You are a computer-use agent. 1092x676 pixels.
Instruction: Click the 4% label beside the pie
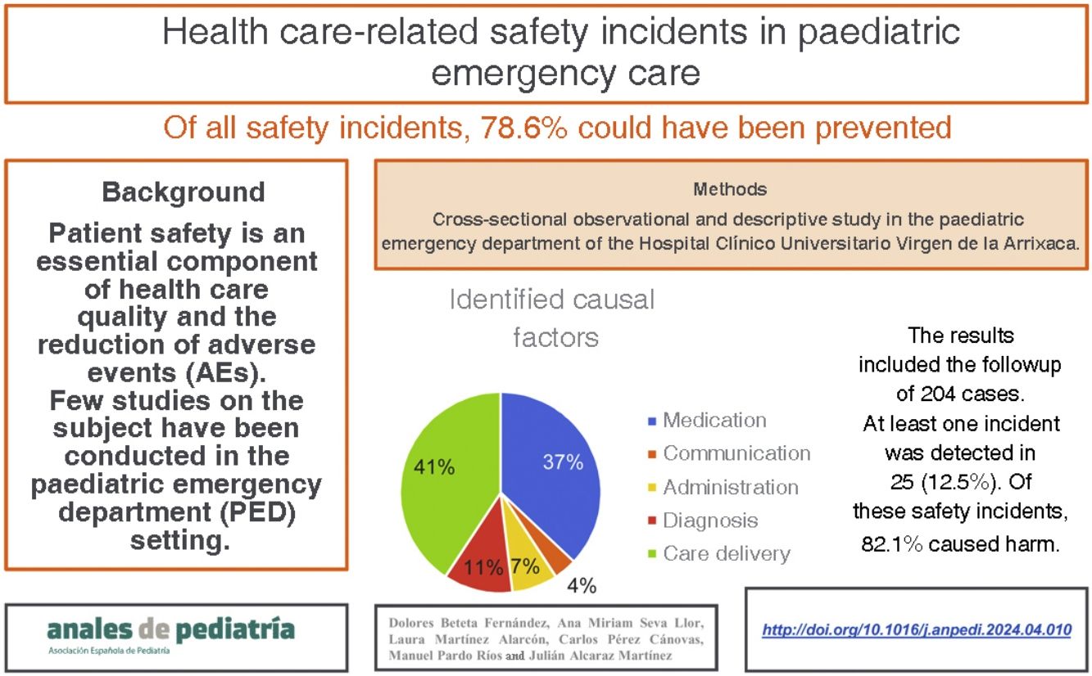(x=582, y=586)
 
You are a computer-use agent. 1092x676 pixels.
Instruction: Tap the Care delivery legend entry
(x=726, y=554)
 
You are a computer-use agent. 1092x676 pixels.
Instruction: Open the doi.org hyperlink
(x=917, y=630)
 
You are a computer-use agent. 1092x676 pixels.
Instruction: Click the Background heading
(x=184, y=192)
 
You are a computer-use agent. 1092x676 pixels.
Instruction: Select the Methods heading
(x=730, y=190)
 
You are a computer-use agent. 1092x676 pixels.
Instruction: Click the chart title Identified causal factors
(x=553, y=318)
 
